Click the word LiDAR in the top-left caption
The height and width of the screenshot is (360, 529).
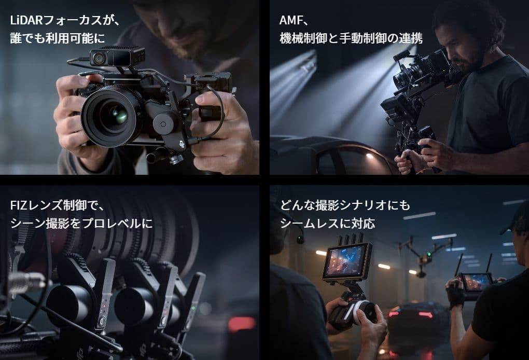tap(26, 21)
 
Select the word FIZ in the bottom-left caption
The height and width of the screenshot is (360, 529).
tap(19, 205)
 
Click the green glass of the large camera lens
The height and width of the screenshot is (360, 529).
tap(118, 114)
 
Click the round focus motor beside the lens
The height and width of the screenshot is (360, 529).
tap(163, 123)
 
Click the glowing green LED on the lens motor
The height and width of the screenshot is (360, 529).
tap(193, 308)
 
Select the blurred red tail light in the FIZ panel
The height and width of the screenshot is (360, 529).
tap(241, 324)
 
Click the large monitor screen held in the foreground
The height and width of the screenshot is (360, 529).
tap(347, 261)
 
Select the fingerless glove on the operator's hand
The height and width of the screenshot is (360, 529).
tap(456, 295)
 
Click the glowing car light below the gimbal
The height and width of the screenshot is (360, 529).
tap(370, 156)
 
